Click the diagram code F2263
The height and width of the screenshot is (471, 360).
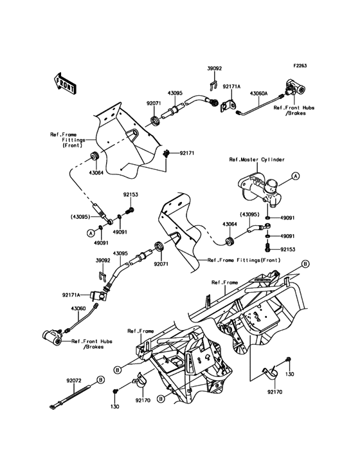(302, 66)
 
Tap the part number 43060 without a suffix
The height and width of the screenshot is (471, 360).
(78, 308)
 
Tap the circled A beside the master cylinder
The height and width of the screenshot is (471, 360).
(295, 175)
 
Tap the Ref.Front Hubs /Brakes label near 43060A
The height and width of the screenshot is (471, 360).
(294, 111)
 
